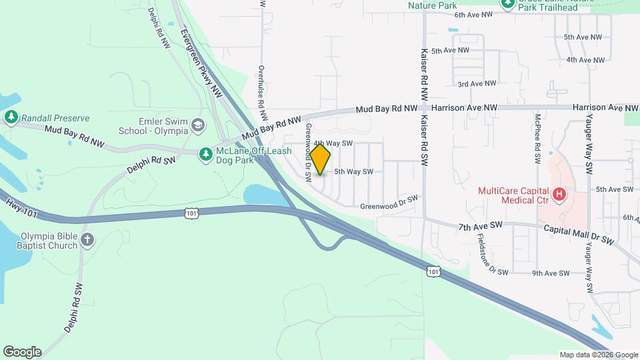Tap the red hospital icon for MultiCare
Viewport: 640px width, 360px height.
(x=560, y=195)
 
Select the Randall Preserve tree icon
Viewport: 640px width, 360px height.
(x=11, y=118)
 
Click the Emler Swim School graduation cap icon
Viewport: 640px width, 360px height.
(x=198, y=125)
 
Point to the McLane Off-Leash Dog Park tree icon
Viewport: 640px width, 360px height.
(x=207, y=154)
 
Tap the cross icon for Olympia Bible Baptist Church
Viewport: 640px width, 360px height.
(x=87, y=240)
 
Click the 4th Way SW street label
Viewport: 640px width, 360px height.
(x=333, y=143)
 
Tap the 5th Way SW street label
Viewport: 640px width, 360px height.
(x=353, y=172)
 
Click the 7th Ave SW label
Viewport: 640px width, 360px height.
(x=479, y=227)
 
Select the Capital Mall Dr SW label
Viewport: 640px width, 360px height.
(x=577, y=234)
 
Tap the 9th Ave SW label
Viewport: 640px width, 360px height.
(x=551, y=273)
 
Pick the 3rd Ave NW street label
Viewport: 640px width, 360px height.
(x=477, y=84)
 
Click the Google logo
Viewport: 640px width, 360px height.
(x=22, y=352)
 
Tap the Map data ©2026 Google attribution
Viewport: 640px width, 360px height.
(x=599, y=355)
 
